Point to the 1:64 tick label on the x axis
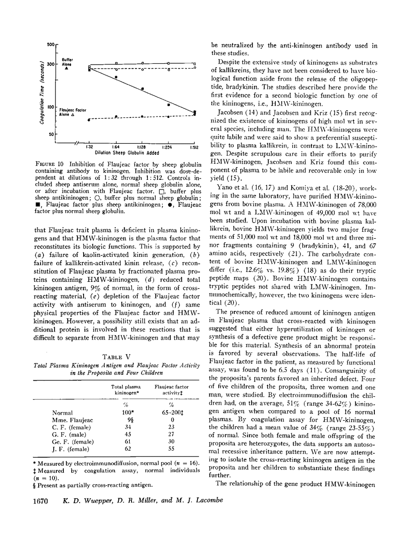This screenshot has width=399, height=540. tap(116, 146)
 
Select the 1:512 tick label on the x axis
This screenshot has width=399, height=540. tap(194, 146)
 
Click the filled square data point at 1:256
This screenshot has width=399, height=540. tap(168, 105)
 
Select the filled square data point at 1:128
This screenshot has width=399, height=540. tap(142, 89)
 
